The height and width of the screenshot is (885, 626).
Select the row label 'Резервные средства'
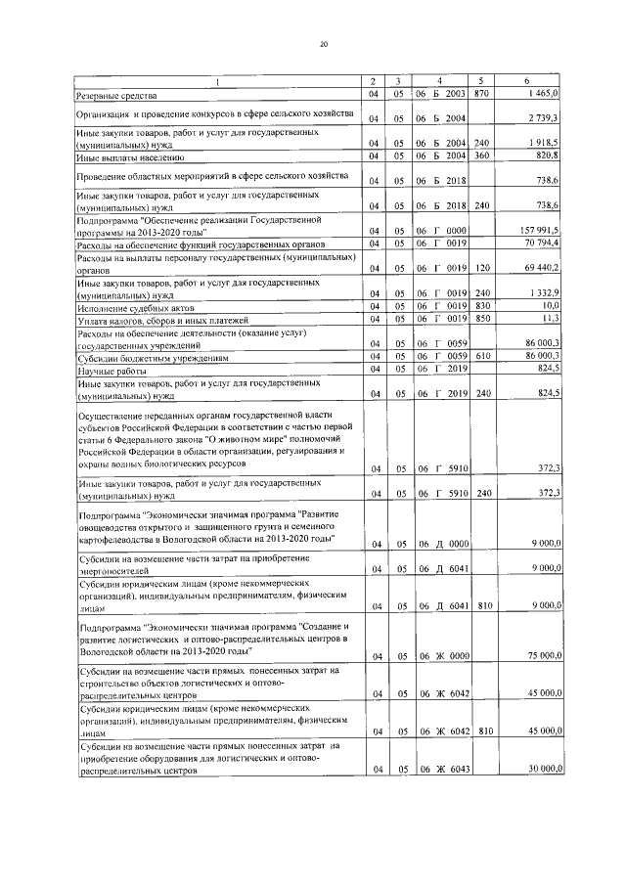(x=116, y=95)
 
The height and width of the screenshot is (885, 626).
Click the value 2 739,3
(x=541, y=119)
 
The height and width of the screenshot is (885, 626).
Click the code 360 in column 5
(x=480, y=155)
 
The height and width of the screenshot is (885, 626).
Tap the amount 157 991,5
(x=536, y=231)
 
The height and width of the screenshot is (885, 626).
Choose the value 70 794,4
(x=539, y=243)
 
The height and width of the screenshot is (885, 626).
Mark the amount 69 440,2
(x=539, y=267)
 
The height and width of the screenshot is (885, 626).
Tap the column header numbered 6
(x=527, y=80)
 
